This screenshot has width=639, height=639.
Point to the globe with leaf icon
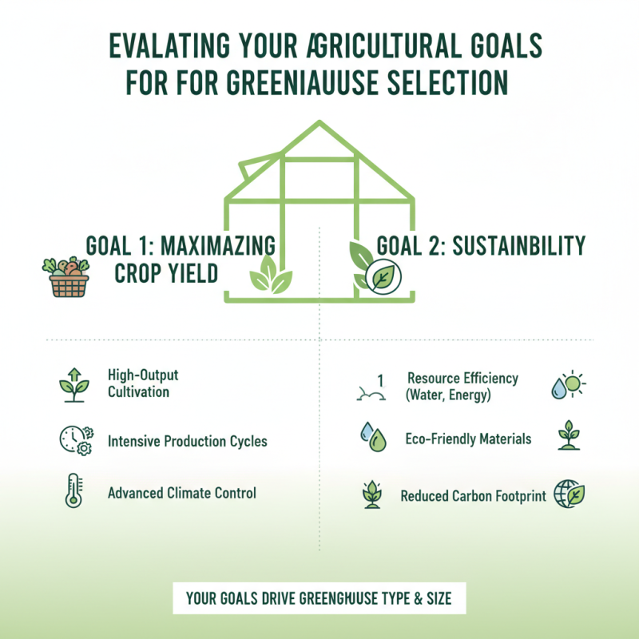[x=570, y=494]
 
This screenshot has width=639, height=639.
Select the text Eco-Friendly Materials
[x=468, y=439]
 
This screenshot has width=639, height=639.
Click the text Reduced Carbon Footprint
[x=473, y=496]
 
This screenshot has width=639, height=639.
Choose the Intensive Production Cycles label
[x=188, y=441]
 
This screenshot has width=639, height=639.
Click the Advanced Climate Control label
[x=182, y=493]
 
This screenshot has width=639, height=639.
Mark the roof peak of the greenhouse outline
[x=319, y=123]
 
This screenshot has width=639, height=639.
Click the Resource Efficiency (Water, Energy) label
[x=462, y=385]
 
